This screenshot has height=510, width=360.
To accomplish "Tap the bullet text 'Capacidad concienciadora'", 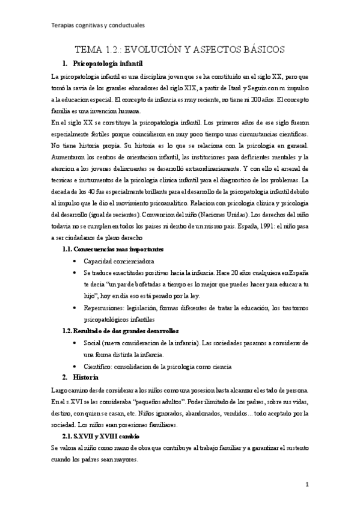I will [119, 261].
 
